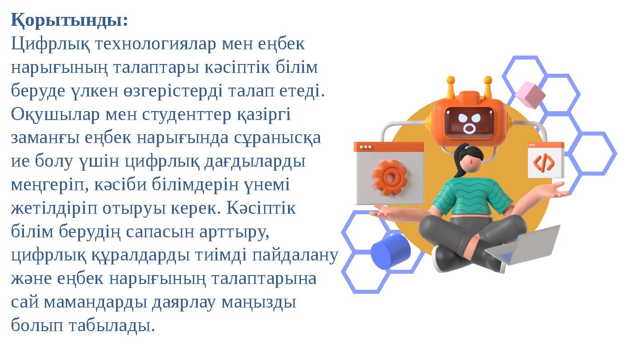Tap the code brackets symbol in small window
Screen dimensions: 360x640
pyautogui.click(x=544, y=163)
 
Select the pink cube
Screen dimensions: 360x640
pyautogui.click(x=530, y=95)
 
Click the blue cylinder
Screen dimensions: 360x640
pyautogui.click(x=390, y=252)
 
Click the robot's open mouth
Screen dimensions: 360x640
pyautogui.click(x=468, y=129)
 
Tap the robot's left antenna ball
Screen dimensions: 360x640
pyautogui.click(x=451, y=80)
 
